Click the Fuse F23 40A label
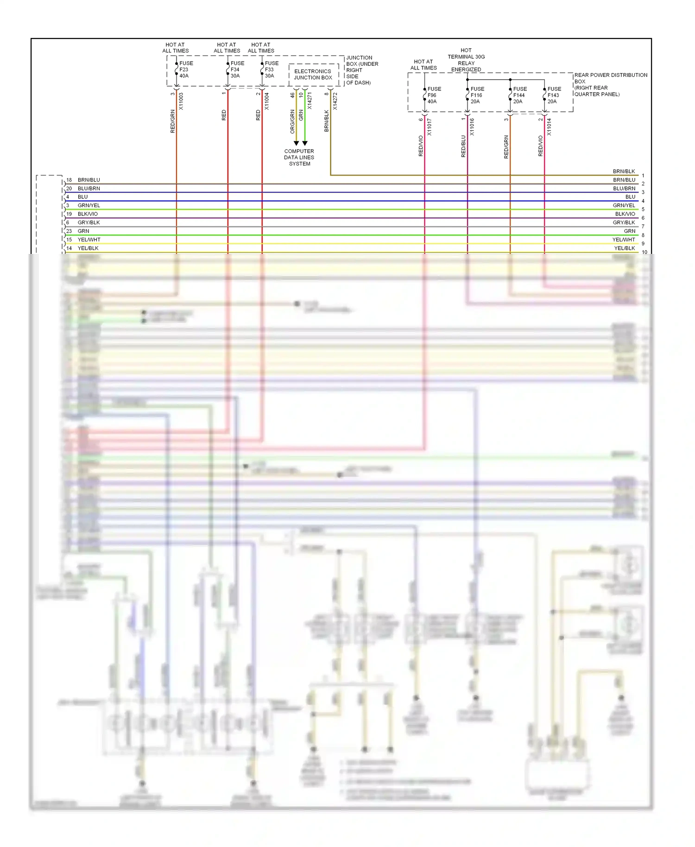pos(186,70)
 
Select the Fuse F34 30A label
pos(237,70)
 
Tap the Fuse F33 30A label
pos(272,70)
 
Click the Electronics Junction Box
pos(313,75)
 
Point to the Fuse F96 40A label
pos(434,95)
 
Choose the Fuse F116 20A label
pos(477,95)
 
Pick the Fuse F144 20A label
pos(519,95)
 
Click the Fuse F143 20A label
pos(554,95)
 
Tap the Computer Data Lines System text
pos(299,158)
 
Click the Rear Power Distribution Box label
pos(610,84)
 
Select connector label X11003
pos(181,101)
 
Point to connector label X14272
pos(335,101)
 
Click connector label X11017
pos(429,126)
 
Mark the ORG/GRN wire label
pos(292,121)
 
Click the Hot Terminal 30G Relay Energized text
pos(466,60)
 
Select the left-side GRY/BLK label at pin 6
pos(88,222)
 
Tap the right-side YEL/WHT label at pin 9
pos(624,240)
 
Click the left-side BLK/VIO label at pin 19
pos(88,214)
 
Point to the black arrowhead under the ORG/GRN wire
pos(296,143)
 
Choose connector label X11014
pos(549,126)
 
